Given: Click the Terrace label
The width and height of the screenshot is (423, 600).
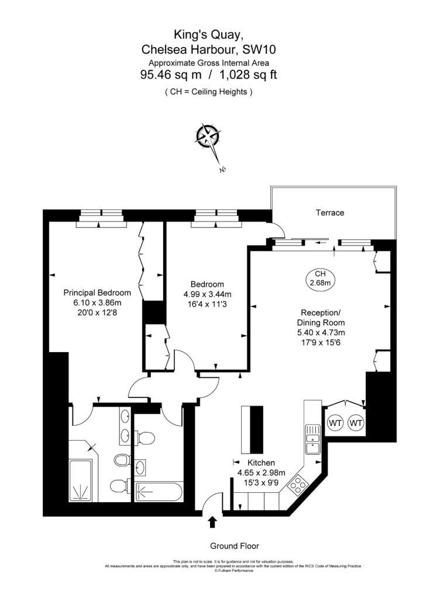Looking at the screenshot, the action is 330,213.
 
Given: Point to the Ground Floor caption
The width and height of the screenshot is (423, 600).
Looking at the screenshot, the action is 234,546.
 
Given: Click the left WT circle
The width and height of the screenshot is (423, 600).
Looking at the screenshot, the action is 335,423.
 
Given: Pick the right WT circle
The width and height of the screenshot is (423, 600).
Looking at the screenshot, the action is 356,423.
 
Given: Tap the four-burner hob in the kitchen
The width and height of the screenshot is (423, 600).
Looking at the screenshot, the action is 298,485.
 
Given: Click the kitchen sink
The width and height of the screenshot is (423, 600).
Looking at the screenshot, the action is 312,439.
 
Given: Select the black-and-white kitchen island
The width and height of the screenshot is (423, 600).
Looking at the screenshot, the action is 252,429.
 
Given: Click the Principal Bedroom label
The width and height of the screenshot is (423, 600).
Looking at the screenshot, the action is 97,293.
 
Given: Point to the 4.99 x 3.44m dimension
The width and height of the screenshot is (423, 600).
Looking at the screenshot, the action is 207,294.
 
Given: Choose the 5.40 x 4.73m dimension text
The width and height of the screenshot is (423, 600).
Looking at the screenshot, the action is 321,333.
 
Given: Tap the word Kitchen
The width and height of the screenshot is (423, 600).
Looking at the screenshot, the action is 261,463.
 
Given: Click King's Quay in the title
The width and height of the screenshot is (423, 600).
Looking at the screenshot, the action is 209,35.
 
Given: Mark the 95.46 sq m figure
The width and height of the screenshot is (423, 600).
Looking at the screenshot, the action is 171,74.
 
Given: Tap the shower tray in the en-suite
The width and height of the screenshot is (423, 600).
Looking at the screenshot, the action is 80,480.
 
